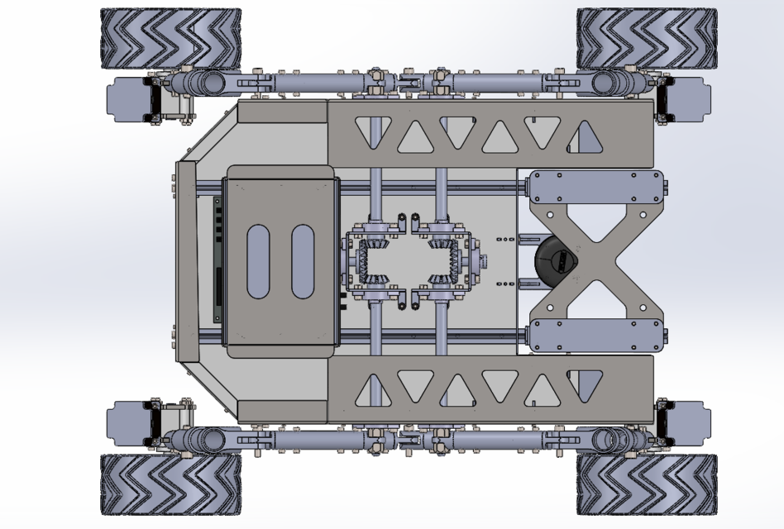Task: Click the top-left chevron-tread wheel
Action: click(x=170, y=39)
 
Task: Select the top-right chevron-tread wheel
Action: click(x=645, y=39)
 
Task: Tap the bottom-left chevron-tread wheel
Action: click(x=170, y=484)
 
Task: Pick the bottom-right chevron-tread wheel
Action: click(x=645, y=484)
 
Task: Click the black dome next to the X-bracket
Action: click(x=552, y=262)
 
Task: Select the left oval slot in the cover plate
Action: click(x=259, y=261)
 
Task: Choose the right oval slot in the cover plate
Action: click(x=303, y=261)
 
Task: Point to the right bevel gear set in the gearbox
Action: click(x=445, y=262)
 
